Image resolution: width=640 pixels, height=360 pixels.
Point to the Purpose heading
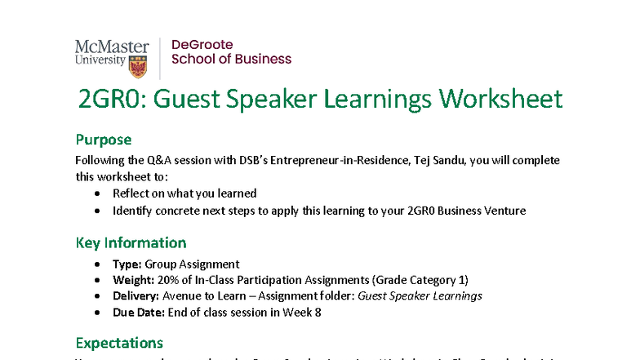pos(103,140)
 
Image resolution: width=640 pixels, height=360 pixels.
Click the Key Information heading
pos(131,242)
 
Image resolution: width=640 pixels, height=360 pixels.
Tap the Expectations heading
pos(119,343)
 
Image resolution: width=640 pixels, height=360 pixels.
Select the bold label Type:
pos(127,264)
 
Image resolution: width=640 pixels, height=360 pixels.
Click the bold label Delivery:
pos(136,296)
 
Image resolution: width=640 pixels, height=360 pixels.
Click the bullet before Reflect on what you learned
pos(98,194)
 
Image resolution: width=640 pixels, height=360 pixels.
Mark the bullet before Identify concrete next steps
pos(98,211)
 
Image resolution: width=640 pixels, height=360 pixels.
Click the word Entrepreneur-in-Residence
pos(334,161)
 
